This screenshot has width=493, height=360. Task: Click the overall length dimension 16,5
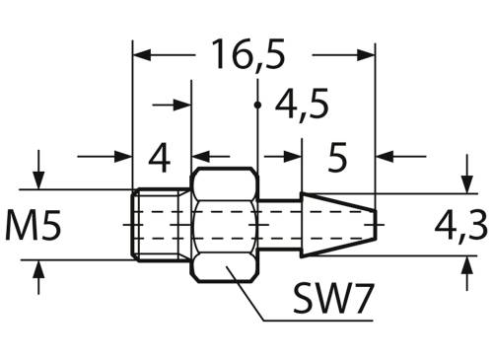coord(246,55)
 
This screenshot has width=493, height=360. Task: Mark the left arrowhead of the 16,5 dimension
coord(141,55)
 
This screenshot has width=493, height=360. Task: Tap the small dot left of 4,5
coord(256,104)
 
